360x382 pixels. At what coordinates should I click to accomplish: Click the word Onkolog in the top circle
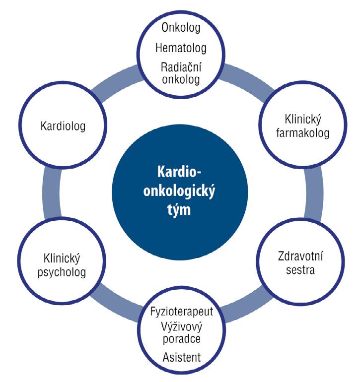177,27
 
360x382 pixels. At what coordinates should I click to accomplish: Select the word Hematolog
180,48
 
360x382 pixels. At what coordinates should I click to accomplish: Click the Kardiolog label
63,126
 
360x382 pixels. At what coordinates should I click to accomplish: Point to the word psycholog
62,272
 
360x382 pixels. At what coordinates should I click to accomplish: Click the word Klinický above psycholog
62,258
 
